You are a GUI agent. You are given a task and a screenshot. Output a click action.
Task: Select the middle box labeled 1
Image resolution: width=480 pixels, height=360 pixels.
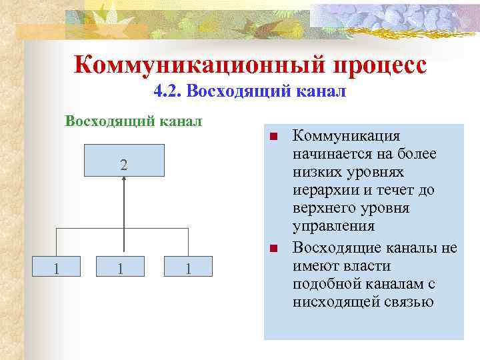tap(120, 269)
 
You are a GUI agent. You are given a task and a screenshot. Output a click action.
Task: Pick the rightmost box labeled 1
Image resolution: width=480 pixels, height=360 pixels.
tap(189, 269)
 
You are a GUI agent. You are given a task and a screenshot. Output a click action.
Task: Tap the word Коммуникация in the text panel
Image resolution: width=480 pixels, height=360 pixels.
tap(347, 136)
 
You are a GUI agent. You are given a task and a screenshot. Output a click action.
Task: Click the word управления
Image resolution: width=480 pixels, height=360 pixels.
tap(326, 226)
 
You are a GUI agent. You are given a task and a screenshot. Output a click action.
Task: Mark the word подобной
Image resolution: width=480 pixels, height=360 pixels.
tap(319, 284)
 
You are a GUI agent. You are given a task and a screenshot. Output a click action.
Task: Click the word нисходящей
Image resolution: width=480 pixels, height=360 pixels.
tap(330, 302)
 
